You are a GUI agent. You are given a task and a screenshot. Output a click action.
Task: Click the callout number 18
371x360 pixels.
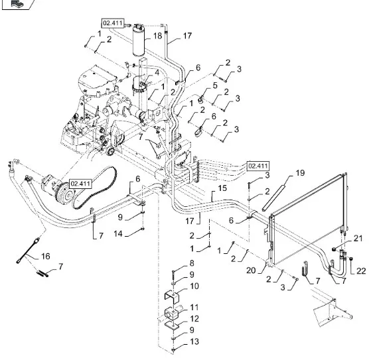pos(157,36)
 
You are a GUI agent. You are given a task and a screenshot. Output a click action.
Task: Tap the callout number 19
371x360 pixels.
pos(300,173)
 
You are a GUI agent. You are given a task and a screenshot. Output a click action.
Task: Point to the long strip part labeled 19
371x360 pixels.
pos(274,198)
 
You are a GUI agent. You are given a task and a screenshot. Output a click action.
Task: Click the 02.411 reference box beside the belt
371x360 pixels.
pos(80,184)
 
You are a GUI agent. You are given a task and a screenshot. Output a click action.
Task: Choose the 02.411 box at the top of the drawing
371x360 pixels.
pos(113,23)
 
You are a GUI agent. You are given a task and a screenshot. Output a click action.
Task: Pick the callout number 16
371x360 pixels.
pos(46,256)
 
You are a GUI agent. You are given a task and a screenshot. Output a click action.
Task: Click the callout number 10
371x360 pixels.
pos(194,286)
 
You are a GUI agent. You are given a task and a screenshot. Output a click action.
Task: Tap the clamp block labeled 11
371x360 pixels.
pos(171,313)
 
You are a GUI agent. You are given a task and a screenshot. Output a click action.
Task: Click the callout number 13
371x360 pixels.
pos(194,341)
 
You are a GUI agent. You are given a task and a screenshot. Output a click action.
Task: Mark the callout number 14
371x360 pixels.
pos(118,234)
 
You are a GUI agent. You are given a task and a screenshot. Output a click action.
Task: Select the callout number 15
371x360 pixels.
pos(222,188)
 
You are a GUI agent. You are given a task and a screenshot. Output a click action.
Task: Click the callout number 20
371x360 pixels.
pos(251,270)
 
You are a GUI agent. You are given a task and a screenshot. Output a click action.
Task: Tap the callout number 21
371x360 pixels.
pos(358,238)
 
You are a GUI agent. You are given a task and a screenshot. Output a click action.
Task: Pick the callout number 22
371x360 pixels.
pos(361,271)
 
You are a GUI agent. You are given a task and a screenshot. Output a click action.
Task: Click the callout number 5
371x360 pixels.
pos(215,86)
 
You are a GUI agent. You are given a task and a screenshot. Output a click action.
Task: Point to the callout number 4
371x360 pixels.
pos(157,72)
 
